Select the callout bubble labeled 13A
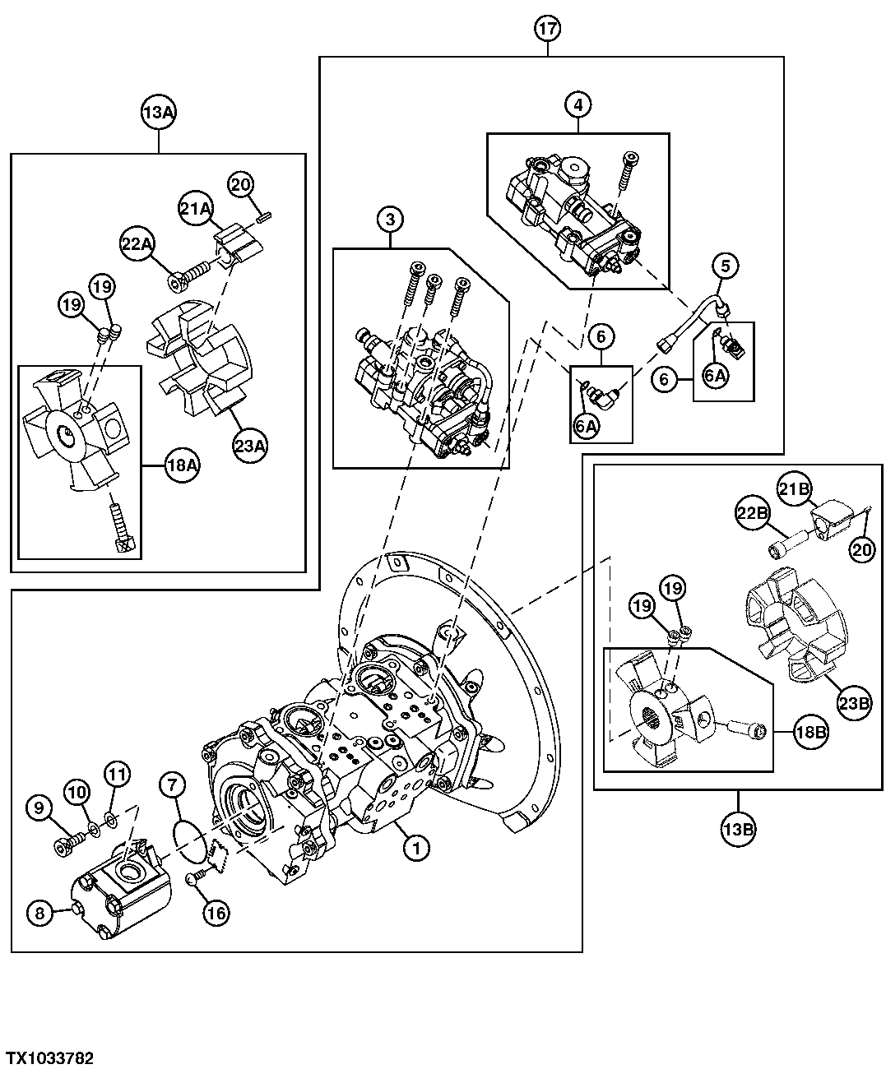pyautogui.click(x=158, y=113)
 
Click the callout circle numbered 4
pyautogui.click(x=578, y=104)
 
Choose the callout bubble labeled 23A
pyautogui.click(x=249, y=446)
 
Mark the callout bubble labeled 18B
pyautogui.click(x=810, y=729)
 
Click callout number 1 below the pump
pyautogui.click(x=416, y=847)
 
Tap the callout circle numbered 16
pyautogui.click(x=217, y=911)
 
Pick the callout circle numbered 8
pyautogui.click(x=39, y=910)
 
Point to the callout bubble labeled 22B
pyautogui.click(x=752, y=513)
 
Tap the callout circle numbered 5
pyautogui.click(x=725, y=266)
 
